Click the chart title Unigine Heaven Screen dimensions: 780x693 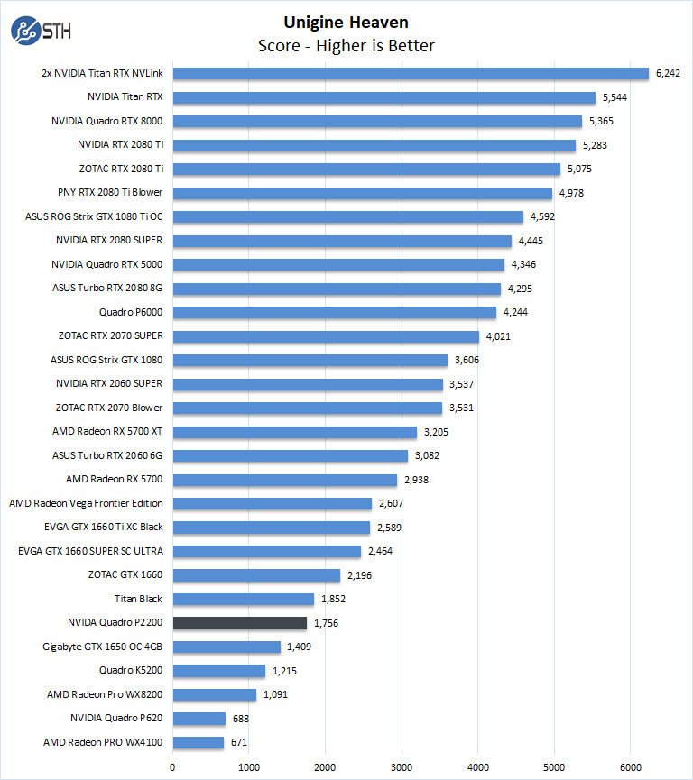346,22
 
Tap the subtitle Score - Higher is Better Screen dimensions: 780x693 346,45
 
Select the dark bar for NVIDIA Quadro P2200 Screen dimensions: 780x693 240,623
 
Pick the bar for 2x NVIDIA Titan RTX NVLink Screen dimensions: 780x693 411,74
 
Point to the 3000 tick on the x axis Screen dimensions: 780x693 402,767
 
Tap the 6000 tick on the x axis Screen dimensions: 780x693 631,767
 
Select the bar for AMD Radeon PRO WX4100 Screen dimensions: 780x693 199,743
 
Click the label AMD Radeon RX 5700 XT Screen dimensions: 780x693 107,432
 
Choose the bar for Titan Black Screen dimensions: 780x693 244,599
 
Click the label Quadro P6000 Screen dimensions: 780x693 131,312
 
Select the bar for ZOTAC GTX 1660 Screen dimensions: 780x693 256,575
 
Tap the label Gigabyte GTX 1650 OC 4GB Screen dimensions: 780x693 103,647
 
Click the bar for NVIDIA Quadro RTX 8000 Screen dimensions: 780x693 377,122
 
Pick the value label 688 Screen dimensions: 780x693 242,719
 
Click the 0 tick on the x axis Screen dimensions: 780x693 172,767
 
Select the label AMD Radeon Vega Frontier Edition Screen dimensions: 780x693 86,503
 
